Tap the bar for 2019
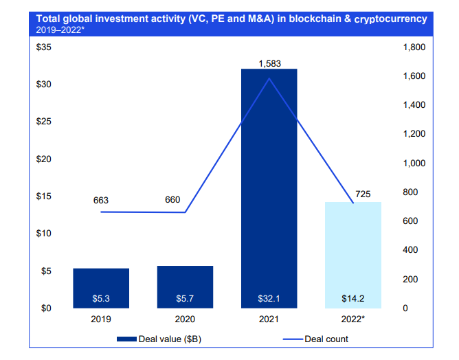pyautogui.click(x=101, y=288)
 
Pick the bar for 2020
pyautogui.click(x=185, y=286)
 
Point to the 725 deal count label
pyautogui.click(x=363, y=194)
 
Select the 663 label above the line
pyautogui.click(x=101, y=201)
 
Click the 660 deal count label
pyautogui.click(x=172, y=200)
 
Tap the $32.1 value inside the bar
pyautogui.click(x=269, y=299)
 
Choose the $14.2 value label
pyautogui.click(x=352, y=299)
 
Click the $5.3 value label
pyautogui.click(x=101, y=299)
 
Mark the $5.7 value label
pyautogui.click(x=185, y=299)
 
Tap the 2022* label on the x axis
pyautogui.click(x=352, y=319)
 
